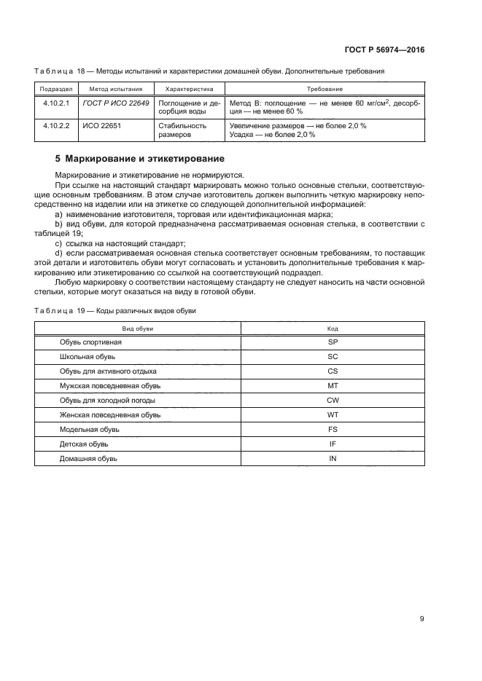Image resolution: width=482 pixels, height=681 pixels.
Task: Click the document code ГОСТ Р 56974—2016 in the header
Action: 384,50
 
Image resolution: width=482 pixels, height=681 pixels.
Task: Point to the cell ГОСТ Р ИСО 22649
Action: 116,103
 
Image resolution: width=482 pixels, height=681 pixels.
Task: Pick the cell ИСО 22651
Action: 100,125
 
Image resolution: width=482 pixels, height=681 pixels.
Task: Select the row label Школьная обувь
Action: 87,356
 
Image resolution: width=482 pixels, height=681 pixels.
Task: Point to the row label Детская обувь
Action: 83,444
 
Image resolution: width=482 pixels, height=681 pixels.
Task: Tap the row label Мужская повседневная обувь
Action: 105,385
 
